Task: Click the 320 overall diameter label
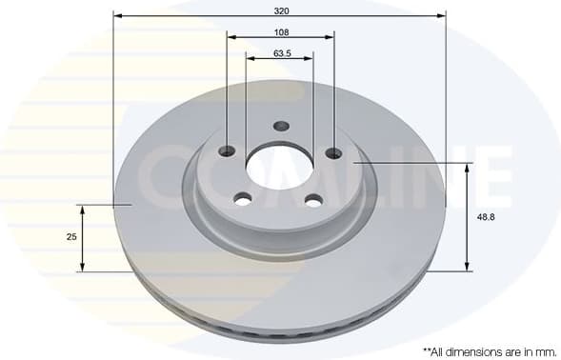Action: [281, 10]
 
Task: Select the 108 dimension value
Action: [281, 31]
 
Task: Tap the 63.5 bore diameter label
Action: [281, 53]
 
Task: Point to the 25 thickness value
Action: [70, 236]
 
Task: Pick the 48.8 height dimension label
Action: [485, 216]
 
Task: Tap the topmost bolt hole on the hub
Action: [281, 127]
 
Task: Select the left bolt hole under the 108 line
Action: [228, 150]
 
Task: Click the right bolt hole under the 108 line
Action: [333, 152]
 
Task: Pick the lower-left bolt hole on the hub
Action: [243, 199]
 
